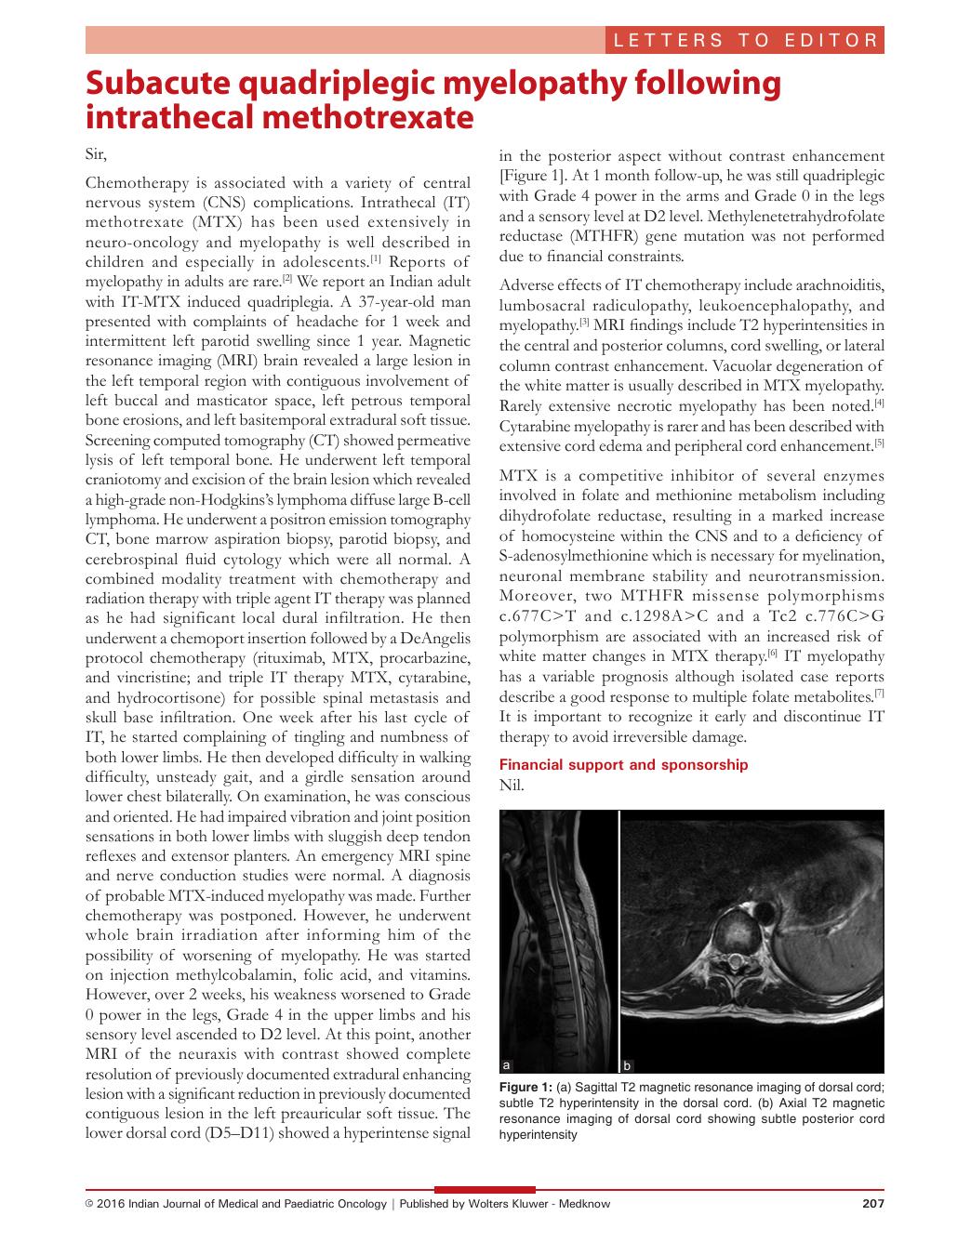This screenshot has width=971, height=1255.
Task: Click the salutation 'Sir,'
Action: (x=97, y=154)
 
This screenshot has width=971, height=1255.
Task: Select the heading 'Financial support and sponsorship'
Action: (x=623, y=765)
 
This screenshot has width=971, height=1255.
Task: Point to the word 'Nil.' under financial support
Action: (x=512, y=786)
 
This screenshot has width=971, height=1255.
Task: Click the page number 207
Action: (x=872, y=1204)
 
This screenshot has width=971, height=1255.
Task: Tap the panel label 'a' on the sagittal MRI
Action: (x=506, y=1064)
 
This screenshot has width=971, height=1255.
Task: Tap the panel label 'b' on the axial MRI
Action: (x=628, y=1064)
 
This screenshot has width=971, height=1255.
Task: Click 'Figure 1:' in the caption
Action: (x=526, y=1087)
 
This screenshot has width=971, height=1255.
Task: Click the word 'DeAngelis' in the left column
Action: (x=432, y=638)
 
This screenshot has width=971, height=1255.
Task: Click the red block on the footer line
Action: (x=485, y=1189)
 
